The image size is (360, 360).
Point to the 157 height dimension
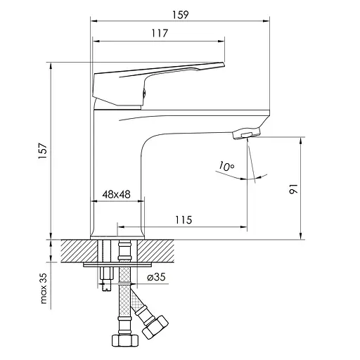[x=43, y=150]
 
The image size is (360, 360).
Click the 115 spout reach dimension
[x=184, y=220]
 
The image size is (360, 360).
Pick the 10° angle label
[x=226, y=167]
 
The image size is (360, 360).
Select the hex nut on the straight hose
[x=124, y=340]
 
